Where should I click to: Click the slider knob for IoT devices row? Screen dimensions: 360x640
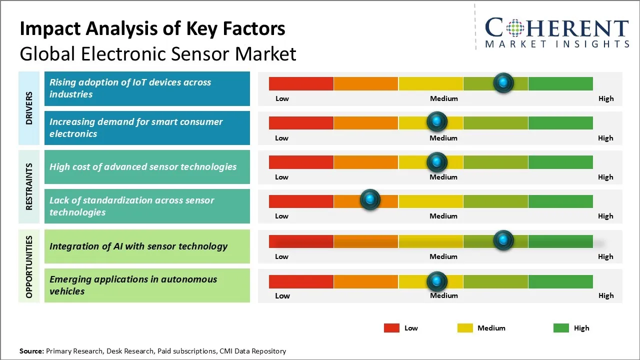pos(503,82)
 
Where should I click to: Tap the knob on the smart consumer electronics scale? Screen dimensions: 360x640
pos(437,121)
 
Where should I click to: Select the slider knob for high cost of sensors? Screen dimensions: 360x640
pos(437,161)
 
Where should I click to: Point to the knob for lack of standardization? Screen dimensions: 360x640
pos(370,200)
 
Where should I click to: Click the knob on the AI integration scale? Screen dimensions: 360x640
pos(503,240)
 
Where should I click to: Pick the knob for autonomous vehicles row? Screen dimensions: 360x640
pos(437,281)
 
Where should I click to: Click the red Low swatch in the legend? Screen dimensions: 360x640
pos(391,328)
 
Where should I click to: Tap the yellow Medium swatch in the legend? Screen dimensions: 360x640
pos(465,328)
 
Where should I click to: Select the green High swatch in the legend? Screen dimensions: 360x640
pos(561,328)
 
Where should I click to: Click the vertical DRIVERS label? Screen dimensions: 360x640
pos(29,108)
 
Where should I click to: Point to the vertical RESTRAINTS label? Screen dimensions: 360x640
pos(29,186)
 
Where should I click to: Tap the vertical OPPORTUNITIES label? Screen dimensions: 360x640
pos(29,266)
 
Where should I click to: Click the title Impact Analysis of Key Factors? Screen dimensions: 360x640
pos(152,29)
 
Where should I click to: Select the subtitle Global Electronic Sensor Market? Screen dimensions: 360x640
pos(158,54)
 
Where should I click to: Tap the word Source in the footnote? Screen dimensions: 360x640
pos(31,351)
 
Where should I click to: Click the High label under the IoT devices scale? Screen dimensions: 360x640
pos(606,98)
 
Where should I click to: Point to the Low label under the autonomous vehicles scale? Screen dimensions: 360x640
pos(282,295)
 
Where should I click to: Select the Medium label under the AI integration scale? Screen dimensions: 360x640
pos(443,256)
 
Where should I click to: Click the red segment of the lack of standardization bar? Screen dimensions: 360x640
pos(301,201)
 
